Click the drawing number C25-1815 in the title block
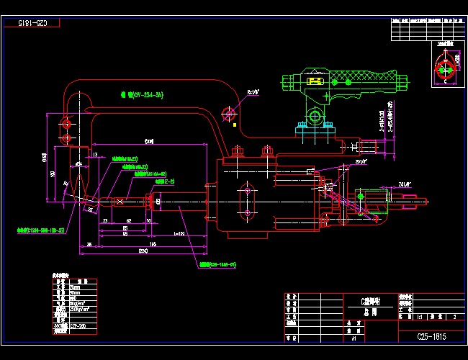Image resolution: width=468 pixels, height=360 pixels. click(x=432, y=336)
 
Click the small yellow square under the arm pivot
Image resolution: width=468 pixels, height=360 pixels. click(x=235, y=125)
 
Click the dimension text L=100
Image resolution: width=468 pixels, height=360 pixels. click(x=179, y=234)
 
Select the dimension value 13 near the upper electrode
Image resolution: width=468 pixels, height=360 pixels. click(x=95, y=154)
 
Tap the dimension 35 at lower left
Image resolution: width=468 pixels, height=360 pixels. click(x=89, y=245)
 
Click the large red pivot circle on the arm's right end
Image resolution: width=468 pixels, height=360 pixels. click(x=230, y=113)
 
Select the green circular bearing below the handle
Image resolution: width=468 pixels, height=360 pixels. click(x=315, y=116)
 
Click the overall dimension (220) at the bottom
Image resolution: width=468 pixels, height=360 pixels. click(x=143, y=251)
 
